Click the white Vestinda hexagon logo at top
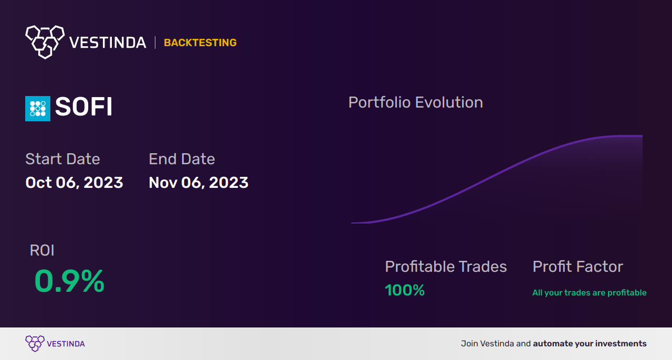(x=45, y=41)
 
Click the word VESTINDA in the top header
(x=108, y=43)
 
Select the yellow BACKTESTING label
(x=200, y=43)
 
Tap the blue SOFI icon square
(x=38, y=108)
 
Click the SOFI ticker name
(x=84, y=108)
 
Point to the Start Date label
(x=62, y=158)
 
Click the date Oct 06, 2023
(x=74, y=182)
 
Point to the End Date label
(x=182, y=158)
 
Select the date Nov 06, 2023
(x=198, y=182)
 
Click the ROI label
(x=42, y=250)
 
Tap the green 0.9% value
(x=69, y=281)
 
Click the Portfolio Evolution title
(x=415, y=102)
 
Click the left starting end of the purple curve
(x=353, y=223)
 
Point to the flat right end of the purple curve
(x=638, y=136)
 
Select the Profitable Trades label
(x=446, y=267)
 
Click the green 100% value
(x=404, y=290)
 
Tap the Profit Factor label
(x=577, y=267)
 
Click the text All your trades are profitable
(x=589, y=293)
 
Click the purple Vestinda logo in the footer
(x=35, y=343)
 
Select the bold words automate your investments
(x=590, y=344)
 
